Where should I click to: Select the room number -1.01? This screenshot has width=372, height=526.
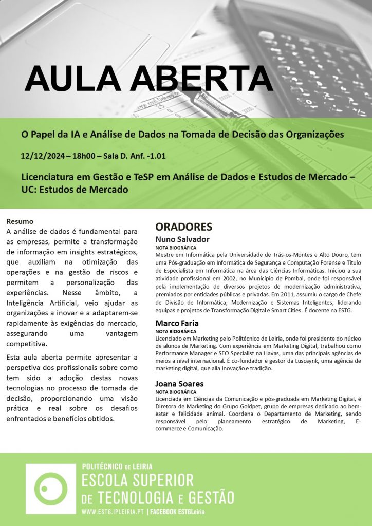tap(154, 155)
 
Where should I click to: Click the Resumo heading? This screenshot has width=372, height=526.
tap(20, 221)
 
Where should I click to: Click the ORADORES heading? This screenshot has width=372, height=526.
tap(183, 227)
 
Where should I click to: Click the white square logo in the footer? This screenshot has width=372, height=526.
tap(50, 489)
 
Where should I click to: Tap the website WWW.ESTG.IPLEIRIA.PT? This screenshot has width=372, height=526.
tap(113, 512)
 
